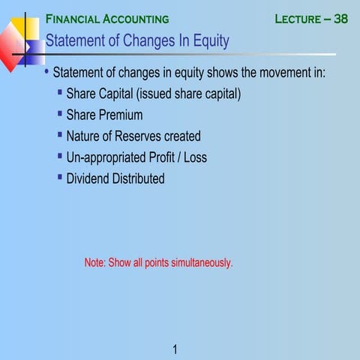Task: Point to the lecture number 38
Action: (x=340, y=19)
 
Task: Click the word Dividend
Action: (x=88, y=178)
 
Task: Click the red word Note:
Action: (x=94, y=262)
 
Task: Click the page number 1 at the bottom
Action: (x=174, y=349)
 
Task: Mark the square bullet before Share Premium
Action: (x=60, y=114)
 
